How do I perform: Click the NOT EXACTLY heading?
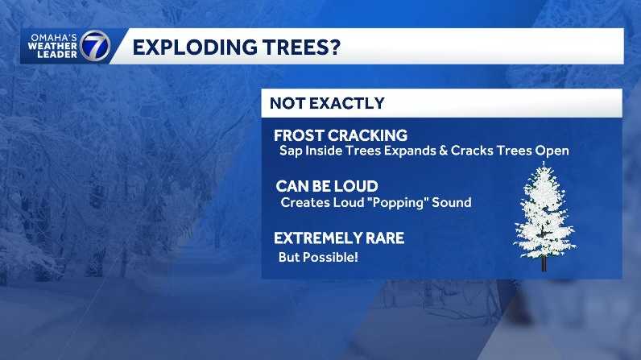(327, 103)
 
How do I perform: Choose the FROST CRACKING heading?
(341, 135)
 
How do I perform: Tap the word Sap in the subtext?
(290, 151)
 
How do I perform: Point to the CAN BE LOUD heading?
(326, 187)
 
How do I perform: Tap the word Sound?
(453, 202)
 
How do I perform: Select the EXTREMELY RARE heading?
(339, 238)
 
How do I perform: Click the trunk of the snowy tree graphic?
(544, 263)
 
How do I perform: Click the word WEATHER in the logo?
(52, 47)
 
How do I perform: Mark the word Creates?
(301, 202)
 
